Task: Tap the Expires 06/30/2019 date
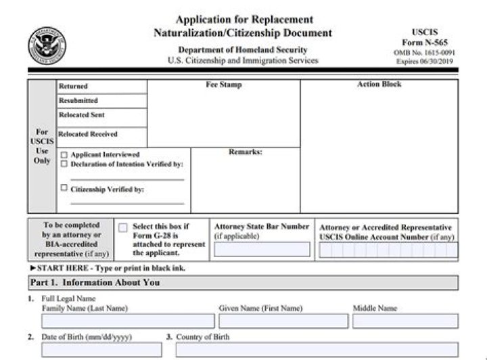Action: [x=425, y=62]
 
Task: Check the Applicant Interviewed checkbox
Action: [x=64, y=155]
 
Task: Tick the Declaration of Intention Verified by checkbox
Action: [x=64, y=164]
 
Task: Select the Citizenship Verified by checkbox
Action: [x=64, y=189]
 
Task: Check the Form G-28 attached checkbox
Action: [x=122, y=228]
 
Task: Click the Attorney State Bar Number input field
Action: [x=262, y=250]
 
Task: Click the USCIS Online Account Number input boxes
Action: [x=388, y=250]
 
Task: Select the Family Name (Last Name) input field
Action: [x=128, y=321]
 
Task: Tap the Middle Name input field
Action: [x=404, y=321]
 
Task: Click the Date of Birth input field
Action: [x=101, y=350]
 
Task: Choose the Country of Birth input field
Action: [x=316, y=350]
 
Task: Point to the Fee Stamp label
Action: [x=223, y=85]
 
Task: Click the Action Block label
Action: [x=379, y=85]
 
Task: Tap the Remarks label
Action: [x=245, y=152]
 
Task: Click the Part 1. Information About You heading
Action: [x=94, y=283]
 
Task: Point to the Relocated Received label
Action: [x=88, y=134]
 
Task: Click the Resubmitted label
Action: [x=78, y=101]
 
